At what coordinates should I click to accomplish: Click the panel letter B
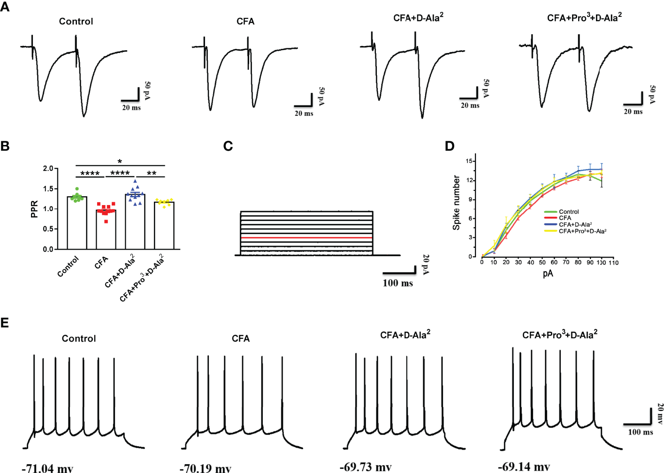coord(5,146)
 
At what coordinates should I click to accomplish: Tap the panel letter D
coord(450,146)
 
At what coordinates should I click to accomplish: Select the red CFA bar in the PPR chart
coord(106,229)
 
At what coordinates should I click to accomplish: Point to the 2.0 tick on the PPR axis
coord(48,168)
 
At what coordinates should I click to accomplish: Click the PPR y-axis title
coord(34,209)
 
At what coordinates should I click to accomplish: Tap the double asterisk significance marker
coord(151,174)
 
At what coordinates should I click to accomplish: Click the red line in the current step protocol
coord(306,238)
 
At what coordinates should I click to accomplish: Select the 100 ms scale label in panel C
coord(397,283)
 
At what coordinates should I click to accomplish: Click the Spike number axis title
coord(456,203)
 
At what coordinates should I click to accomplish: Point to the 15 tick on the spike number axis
coord(469,161)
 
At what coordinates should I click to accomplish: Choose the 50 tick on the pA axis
coord(542,263)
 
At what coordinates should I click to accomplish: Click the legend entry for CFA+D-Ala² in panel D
coord(575,225)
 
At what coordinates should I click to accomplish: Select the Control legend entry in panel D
coord(569,212)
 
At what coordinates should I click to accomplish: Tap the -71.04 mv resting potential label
coord(47,468)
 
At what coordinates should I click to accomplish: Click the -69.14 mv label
coord(524,466)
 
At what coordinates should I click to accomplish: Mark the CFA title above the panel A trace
coord(245,22)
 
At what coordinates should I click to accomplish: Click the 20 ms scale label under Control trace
coord(131,108)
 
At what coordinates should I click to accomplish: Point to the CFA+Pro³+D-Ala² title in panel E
coord(560,335)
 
